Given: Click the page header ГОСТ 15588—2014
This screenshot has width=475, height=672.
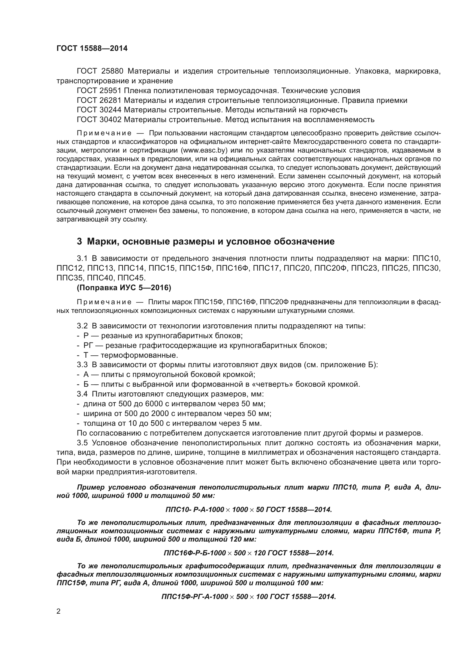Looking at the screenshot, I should [92, 48].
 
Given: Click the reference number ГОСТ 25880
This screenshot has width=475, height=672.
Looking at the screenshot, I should [100, 71].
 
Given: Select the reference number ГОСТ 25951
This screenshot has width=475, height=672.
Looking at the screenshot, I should [100, 91].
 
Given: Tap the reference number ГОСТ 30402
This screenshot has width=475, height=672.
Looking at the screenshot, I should [100, 120].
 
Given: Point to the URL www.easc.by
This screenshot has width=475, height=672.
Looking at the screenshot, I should [204, 151].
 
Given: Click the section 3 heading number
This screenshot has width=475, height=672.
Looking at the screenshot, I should [79, 241].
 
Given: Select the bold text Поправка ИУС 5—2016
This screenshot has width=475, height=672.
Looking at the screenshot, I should [124, 288].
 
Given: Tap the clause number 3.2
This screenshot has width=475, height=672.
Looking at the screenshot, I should [82, 326].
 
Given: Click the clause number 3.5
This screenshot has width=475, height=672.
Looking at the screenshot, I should [82, 442].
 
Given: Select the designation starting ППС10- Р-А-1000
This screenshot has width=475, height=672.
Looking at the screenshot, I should [249, 510].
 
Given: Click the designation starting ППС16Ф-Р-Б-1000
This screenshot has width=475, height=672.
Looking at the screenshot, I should [249, 553].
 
